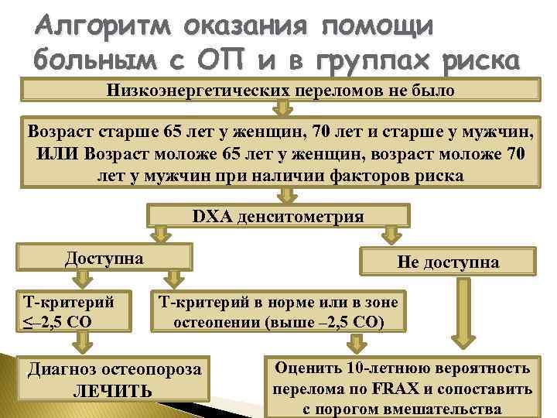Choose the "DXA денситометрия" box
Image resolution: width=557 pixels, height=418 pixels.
pyautogui.click(x=278, y=216)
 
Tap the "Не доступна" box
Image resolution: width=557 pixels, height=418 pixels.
pyautogui.click(x=448, y=262)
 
